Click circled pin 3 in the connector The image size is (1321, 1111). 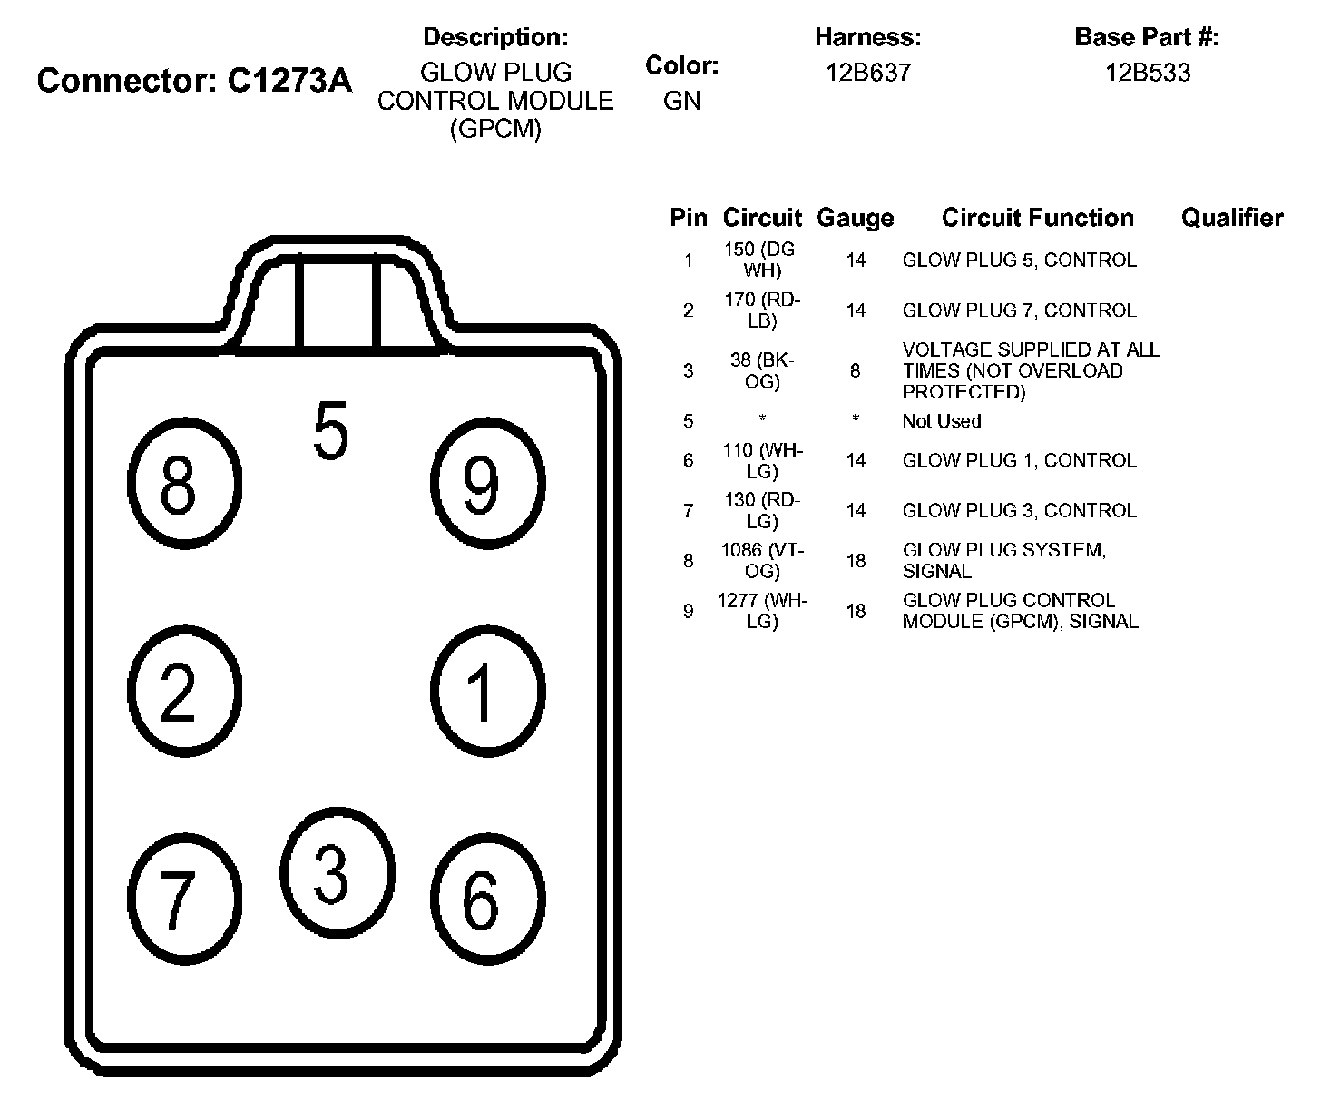[x=337, y=872]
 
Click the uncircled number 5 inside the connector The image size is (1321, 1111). [x=330, y=431]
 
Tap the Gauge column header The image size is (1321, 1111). [x=855, y=218]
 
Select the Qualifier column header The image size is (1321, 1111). [x=1231, y=218]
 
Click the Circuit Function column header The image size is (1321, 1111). [x=1037, y=218]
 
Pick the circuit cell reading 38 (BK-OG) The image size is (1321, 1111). [x=762, y=370]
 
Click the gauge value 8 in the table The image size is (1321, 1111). [x=855, y=370]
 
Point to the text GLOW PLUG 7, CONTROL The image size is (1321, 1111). [x=1019, y=310]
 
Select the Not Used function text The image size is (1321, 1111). [x=941, y=421]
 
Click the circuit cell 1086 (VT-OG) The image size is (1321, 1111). [x=762, y=561]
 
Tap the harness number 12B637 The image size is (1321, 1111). [x=867, y=73]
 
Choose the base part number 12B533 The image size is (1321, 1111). [x=1147, y=73]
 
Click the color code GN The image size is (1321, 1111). [x=681, y=101]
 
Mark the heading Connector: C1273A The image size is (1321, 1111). [x=194, y=81]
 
